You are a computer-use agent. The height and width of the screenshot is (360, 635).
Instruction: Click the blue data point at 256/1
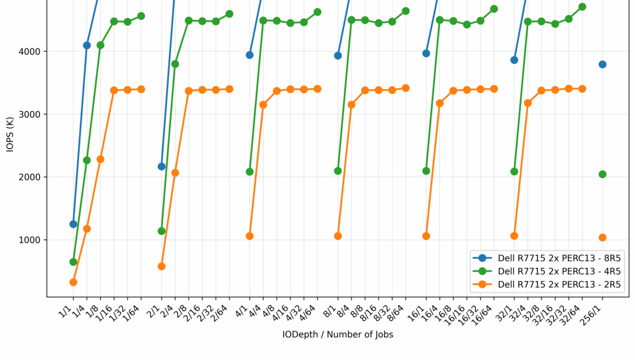click(602, 65)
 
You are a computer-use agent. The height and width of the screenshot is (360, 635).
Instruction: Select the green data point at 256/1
click(602, 174)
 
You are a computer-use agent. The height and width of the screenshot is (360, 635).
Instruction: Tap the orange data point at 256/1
click(602, 237)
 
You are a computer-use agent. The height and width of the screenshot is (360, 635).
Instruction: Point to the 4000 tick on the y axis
click(32, 52)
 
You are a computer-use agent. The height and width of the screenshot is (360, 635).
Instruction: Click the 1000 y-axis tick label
click(32, 240)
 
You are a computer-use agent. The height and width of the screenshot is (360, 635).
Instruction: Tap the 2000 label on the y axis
click(32, 177)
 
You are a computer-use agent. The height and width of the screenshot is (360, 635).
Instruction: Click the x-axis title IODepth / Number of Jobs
click(338, 334)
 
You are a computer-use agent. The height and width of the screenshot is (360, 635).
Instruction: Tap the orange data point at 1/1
click(73, 282)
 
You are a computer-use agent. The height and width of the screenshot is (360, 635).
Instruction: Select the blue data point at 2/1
click(161, 166)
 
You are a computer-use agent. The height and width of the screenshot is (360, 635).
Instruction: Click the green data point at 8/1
click(338, 171)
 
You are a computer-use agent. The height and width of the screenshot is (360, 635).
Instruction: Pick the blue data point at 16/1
click(426, 53)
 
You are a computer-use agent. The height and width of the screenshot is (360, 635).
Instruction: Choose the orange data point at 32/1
click(514, 236)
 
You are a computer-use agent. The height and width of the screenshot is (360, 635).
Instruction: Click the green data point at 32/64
click(582, 7)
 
